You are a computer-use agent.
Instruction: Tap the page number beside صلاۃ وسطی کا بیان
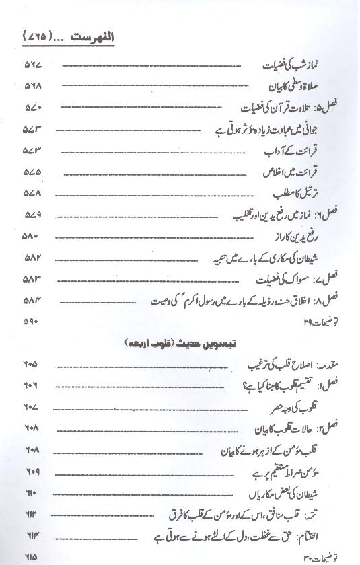pyautogui.click(x=34, y=87)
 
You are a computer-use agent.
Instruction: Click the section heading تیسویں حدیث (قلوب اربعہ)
pyautogui.click(x=180, y=343)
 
